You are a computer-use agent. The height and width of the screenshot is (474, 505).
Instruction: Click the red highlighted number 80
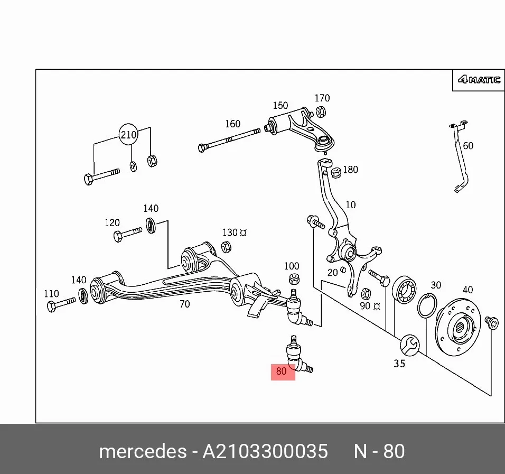click(x=281, y=371)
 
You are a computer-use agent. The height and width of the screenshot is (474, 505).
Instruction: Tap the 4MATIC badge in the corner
click(x=479, y=80)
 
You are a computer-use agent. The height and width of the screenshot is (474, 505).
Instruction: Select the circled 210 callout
click(x=128, y=134)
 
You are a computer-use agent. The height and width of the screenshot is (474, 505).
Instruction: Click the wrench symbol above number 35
click(x=409, y=345)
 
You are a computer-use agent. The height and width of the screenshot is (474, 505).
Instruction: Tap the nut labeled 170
click(x=321, y=112)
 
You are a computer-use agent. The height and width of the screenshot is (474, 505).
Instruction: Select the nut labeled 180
click(x=336, y=172)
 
